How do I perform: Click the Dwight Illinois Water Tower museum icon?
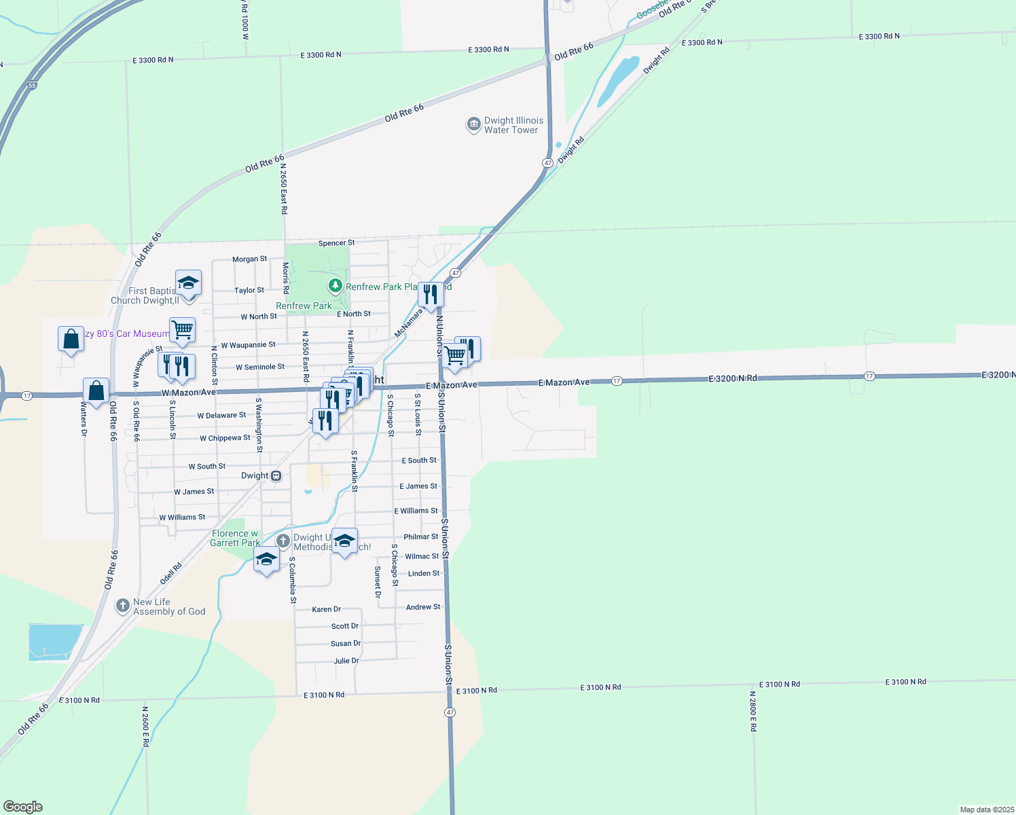(x=473, y=125)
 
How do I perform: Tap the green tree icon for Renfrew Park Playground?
(x=335, y=286)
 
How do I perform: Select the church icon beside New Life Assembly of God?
(x=122, y=606)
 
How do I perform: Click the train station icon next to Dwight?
(x=276, y=476)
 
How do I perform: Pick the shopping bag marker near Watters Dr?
(x=96, y=391)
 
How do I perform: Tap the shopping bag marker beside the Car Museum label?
(x=71, y=339)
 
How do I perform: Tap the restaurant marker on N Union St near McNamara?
(x=430, y=295)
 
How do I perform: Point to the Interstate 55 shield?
(x=32, y=86)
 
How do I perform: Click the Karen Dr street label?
(x=326, y=609)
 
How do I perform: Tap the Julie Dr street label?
(x=346, y=661)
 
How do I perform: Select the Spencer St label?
(x=336, y=243)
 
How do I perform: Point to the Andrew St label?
(x=422, y=607)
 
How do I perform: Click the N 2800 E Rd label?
(x=752, y=711)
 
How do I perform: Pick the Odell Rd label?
(x=171, y=573)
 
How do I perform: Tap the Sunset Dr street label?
(x=378, y=582)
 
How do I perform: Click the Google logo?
(x=23, y=807)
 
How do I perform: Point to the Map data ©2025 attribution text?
(x=986, y=810)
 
